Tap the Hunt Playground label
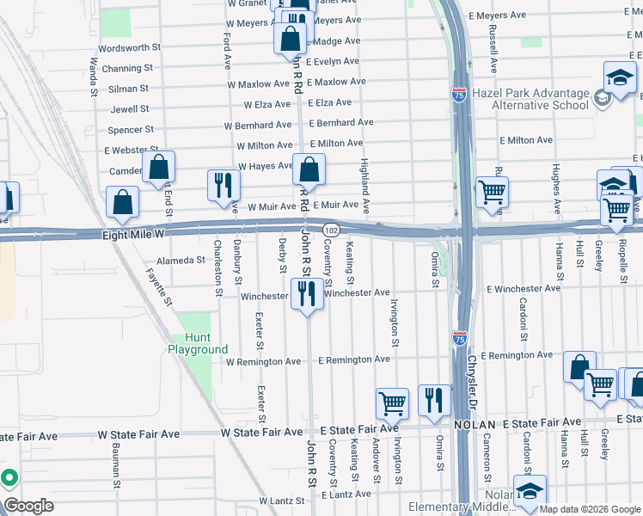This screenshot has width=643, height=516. pos(198,344)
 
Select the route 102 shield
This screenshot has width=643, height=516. pos(332,230)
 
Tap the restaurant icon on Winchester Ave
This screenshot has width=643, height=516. pos(307,294)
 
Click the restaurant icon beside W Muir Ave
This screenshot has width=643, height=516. pos(223,184)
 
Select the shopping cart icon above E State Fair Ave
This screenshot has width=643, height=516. pos(393,402)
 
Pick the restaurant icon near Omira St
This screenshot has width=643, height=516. pos(434,399)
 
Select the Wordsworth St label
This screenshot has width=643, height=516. pos(130,48)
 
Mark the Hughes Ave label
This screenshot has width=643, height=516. pos(557,188)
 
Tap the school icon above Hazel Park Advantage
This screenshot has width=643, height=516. pos(619,78)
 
